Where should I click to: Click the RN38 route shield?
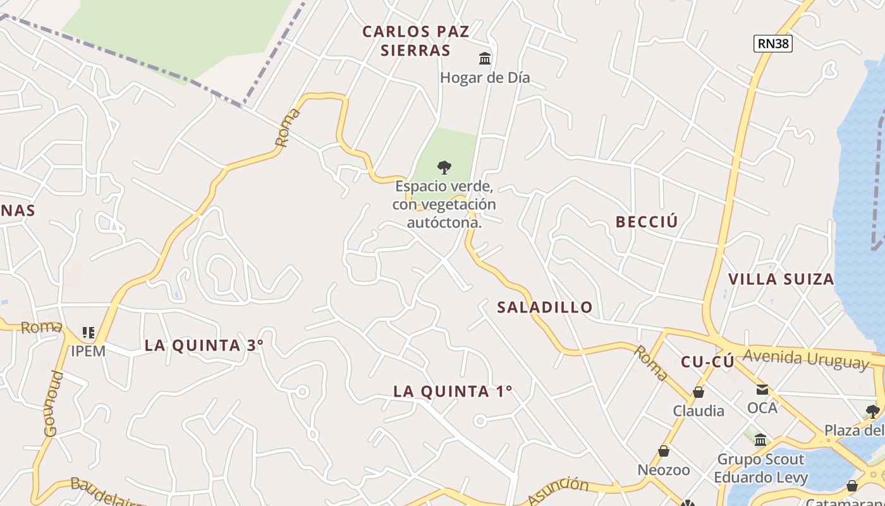click(773, 43)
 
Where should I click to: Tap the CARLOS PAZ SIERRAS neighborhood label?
click(416, 41)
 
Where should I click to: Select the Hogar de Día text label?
click(485, 78)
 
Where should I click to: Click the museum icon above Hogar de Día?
click(485, 59)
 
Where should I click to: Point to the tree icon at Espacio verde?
click(444, 168)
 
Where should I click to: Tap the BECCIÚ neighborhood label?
click(647, 221)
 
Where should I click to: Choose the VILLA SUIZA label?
click(781, 279)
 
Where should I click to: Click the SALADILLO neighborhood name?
click(545, 307)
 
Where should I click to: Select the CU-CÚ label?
click(707, 362)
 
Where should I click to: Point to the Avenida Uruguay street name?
click(807, 359)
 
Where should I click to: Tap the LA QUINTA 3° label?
click(204, 345)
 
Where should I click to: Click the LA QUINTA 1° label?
click(453, 392)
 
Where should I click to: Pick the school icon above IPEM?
click(88, 332)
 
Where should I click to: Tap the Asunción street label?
click(558, 491)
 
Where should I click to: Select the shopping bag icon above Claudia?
click(699, 393)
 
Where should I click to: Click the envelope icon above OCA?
click(762, 390)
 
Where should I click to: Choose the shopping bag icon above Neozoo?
click(664, 451)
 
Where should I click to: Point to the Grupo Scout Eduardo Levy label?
click(760, 468)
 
